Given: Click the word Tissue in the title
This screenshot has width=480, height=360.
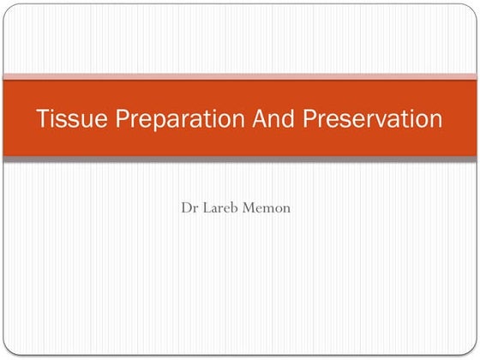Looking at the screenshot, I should (63, 118).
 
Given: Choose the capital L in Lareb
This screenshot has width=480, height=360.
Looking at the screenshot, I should (207, 207).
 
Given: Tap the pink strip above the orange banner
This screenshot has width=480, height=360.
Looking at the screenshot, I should (240, 76).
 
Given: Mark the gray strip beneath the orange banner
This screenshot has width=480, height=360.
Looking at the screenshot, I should (240, 159).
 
